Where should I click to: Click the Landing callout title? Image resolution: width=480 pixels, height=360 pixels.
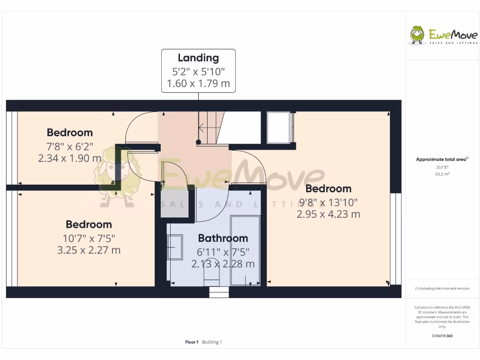(198, 58)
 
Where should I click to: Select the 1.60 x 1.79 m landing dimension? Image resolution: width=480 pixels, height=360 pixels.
(198, 85)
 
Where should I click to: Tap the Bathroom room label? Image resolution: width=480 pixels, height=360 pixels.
(223, 238)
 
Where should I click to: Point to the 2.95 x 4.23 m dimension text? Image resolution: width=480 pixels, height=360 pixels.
(328, 214)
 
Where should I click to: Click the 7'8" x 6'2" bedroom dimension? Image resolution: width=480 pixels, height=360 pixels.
(70, 146)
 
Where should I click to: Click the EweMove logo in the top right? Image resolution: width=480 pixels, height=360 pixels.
(443, 36)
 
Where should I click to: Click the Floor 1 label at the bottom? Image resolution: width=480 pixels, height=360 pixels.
(192, 342)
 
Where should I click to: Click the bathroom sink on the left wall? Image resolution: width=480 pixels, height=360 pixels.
(175, 247)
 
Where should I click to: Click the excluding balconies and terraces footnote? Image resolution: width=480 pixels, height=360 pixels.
(442, 288)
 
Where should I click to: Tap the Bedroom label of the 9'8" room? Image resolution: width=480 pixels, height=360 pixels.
(328, 188)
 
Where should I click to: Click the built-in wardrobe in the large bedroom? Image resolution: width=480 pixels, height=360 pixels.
(279, 127)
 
